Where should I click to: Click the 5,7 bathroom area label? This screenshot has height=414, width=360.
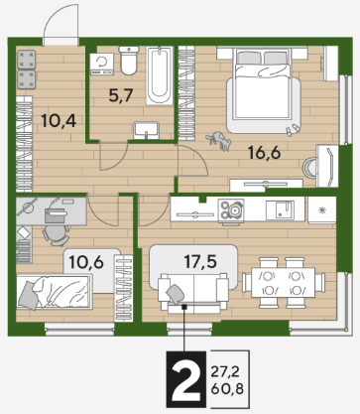(x=121, y=95)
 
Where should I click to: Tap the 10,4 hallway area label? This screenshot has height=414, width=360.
(x=59, y=121)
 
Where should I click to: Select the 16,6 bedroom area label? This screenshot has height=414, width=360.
(x=264, y=153)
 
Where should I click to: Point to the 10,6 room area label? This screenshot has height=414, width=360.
(x=86, y=262)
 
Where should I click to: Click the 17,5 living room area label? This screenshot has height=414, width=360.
(x=200, y=262)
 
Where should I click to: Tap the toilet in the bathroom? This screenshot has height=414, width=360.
(x=129, y=60)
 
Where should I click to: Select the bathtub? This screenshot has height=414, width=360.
(x=160, y=75)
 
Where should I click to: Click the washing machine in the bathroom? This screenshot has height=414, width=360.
(x=102, y=65)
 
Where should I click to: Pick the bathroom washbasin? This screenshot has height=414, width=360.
(x=147, y=130)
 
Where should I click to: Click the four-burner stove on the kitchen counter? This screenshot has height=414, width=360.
(x=230, y=209)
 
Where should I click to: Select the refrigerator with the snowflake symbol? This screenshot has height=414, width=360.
(x=322, y=209)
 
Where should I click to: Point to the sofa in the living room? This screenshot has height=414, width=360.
(x=193, y=292)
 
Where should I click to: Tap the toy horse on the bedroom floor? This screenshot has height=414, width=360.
(x=219, y=141)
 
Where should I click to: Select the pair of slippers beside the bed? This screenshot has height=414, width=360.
(x=293, y=130)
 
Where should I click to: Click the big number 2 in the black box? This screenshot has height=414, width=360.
(x=186, y=379)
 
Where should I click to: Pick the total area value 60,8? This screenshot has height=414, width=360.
(x=227, y=388)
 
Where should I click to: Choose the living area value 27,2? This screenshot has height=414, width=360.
(x=225, y=372)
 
